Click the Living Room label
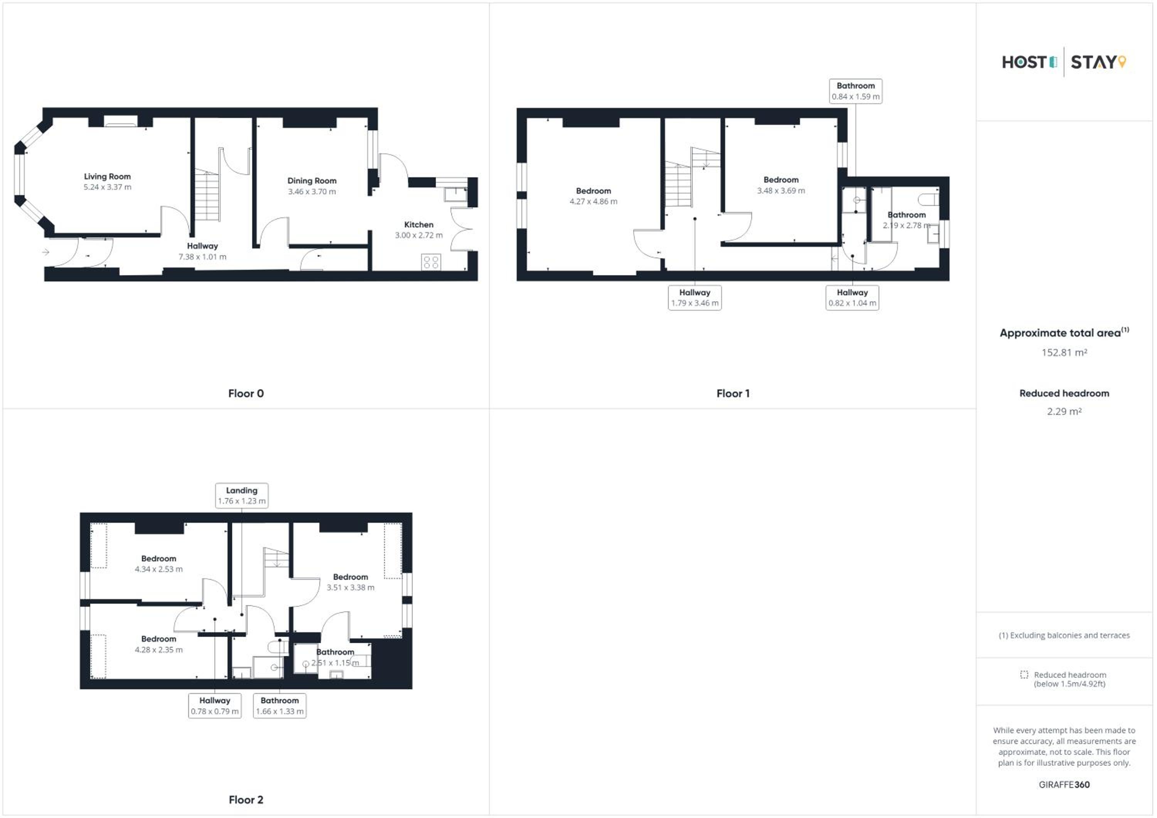(x=107, y=176)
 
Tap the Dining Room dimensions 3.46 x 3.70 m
(x=312, y=192)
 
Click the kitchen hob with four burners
(x=431, y=262)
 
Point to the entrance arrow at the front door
(x=46, y=252)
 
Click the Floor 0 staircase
(x=207, y=195)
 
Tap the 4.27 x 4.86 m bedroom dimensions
(x=594, y=202)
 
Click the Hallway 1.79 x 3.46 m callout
(x=695, y=298)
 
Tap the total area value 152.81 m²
(x=1064, y=353)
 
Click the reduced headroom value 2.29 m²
(x=1064, y=412)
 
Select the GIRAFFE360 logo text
(x=1064, y=785)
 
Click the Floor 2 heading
(x=246, y=800)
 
